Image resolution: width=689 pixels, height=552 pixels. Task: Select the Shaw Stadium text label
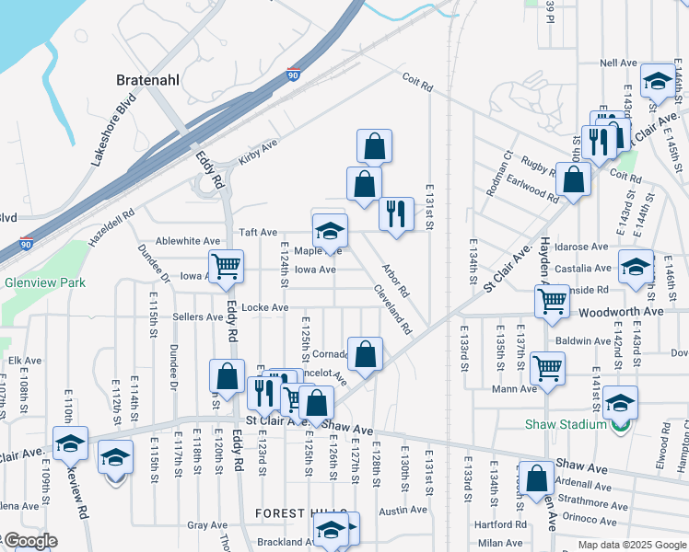point(565,424)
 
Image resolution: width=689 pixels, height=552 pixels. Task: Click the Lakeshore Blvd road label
point(113,141)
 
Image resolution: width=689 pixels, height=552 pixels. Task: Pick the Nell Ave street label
point(618,63)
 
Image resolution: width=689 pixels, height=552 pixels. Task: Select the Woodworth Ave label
point(622,312)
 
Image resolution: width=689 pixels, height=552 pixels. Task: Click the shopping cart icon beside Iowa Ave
point(226,267)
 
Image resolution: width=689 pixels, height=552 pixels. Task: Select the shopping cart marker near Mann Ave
point(547,368)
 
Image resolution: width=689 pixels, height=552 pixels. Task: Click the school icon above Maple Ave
point(330,230)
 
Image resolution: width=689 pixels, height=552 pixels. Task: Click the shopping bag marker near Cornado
point(365,353)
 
